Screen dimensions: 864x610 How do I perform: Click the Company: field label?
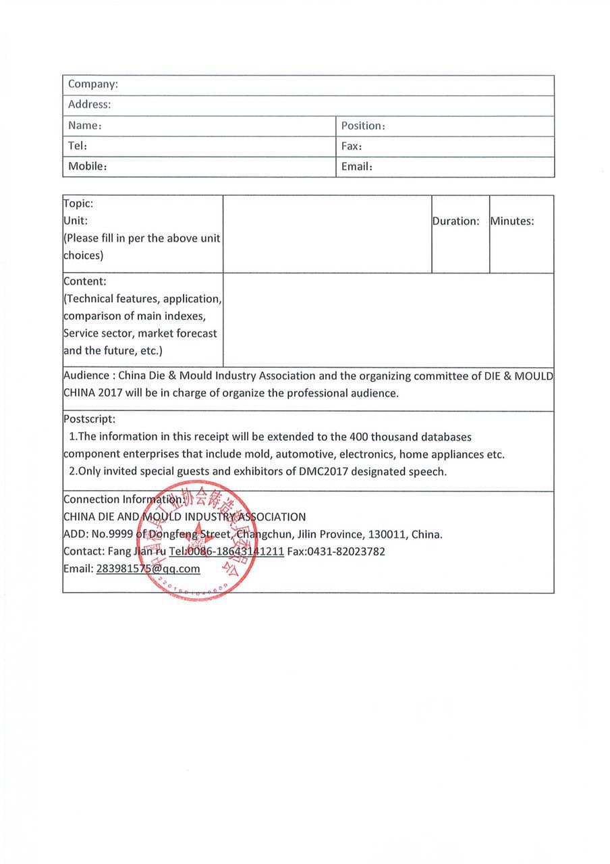(93, 84)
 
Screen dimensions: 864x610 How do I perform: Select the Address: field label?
(89, 105)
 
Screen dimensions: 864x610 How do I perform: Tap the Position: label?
(363, 126)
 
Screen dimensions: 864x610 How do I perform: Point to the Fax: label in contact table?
(352, 146)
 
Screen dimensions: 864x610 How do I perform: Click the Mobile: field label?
(88, 166)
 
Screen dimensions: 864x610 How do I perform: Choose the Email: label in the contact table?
(357, 166)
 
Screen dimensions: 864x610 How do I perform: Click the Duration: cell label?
(456, 221)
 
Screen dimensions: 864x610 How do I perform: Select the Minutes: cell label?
(512, 221)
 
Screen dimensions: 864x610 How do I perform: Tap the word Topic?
(78, 203)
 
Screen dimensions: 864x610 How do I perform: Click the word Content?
(84, 281)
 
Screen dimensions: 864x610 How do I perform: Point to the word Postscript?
(89, 419)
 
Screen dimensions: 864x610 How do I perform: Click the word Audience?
(86, 375)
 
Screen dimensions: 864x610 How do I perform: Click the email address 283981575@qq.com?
(148, 568)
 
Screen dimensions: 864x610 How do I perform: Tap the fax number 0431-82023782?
(346, 551)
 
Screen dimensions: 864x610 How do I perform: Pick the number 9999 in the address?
(120, 534)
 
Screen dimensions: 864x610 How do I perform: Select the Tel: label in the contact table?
(78, 146)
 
